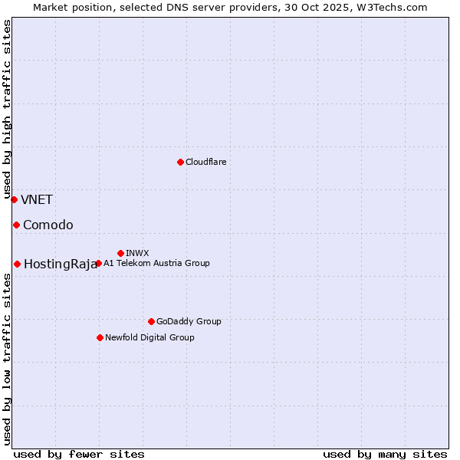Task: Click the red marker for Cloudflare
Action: pos(180,162)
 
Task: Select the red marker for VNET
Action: pos(14,199)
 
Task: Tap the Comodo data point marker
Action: pos(16,225)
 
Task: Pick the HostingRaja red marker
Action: pos(17,264)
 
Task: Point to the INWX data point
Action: pos(120,253)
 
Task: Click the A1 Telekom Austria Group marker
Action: pos(98,263)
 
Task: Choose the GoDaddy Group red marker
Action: pos(151,321)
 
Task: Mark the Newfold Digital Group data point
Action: pos(100,337)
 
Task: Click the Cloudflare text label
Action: pos(206,162)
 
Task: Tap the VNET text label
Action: pos(37,200)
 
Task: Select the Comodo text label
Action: pos(48,225)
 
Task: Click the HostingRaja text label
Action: pos(61,264)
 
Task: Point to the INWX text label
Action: pos(137,253)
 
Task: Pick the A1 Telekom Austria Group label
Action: pos(156,263)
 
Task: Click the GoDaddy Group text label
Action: pos(189,321)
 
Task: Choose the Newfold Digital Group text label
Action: pos(149,337)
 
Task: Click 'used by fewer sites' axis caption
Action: pos(79,454)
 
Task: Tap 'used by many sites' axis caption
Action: pos(385,454)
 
